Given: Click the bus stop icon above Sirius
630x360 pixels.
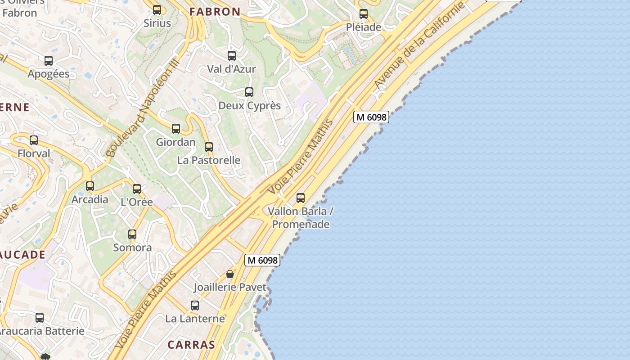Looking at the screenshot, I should pyautogui.click(x=157, y=9).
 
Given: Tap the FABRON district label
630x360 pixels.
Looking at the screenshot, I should pyautogui.click(x=215, y=12).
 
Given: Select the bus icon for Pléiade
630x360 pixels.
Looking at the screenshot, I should pyautogui.click(x=364, y=14).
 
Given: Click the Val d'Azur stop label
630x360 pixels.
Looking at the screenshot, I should pyautogui.click(x=231, y=69).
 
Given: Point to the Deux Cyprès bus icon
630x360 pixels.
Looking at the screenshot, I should pyautogui.click(x=249, y=92).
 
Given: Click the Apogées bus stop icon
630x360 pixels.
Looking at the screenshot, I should pyautogui.click(x=49, y=61).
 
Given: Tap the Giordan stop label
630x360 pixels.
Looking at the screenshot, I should pyautogui.click(x=175, y=142).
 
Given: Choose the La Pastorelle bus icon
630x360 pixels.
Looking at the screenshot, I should pyautogui.click(x=209, y=147).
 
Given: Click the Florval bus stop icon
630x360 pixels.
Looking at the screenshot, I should pyautogui.click(x=34, y=140).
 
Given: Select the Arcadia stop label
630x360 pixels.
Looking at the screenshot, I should pyautogui.click(x=90, y=199).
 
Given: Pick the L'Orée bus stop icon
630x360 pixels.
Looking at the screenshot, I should pyautogui.click(x=137, y=189).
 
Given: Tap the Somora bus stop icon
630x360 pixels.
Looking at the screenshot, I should pyautogui.click(x=132, y=234).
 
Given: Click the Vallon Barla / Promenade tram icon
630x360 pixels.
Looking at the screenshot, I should pyautogui.click(x=301, y=198).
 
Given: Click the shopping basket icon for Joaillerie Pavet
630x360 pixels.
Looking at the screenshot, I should pyautogui.click(x=230, y=274).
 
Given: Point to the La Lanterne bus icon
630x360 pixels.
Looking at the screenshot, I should pyautogui.click(x=195, y=306).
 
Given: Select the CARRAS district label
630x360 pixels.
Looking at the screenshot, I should pyautogui.click(x=191, y=345).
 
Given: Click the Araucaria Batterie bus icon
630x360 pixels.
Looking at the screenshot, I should pyautogui.click(x=40, y=318).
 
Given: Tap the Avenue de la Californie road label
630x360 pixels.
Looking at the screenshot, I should pyautogui.click(x=418, y=46).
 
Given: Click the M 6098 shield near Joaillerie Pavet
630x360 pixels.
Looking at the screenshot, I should pyautogui.click(x=262, y=260).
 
